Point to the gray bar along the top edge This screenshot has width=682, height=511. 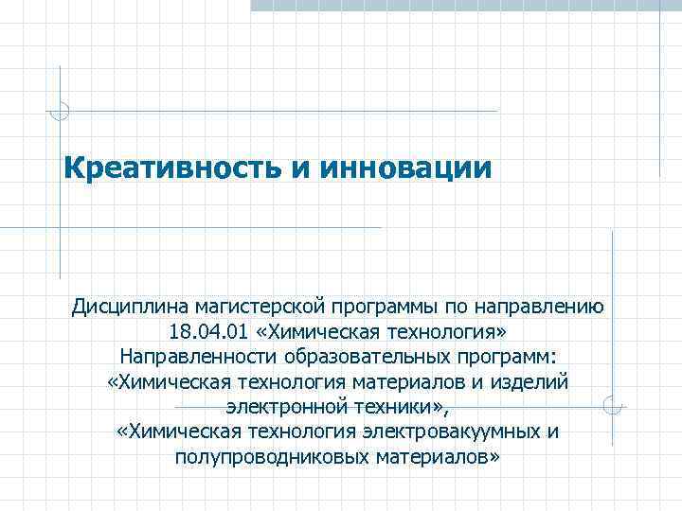click(464, 5)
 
